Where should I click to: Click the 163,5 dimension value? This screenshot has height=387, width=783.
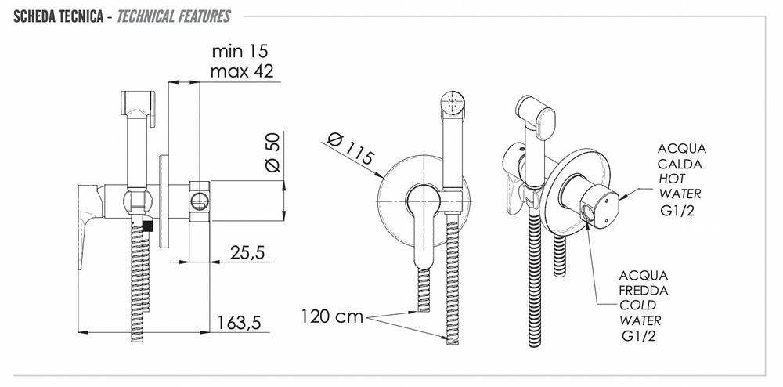pos(239,323)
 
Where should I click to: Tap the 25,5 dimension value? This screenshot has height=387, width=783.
pos(247,253)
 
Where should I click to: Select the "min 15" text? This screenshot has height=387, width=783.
pos(240,51)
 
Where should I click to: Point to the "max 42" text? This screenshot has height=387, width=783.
pos(242,71)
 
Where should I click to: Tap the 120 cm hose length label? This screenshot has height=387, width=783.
pos(332,316)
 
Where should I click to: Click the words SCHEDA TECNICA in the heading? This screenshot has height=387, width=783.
pos(56,16)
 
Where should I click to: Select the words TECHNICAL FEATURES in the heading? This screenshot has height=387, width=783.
pos(174,16)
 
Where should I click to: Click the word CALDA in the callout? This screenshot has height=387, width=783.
pos(680,164)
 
